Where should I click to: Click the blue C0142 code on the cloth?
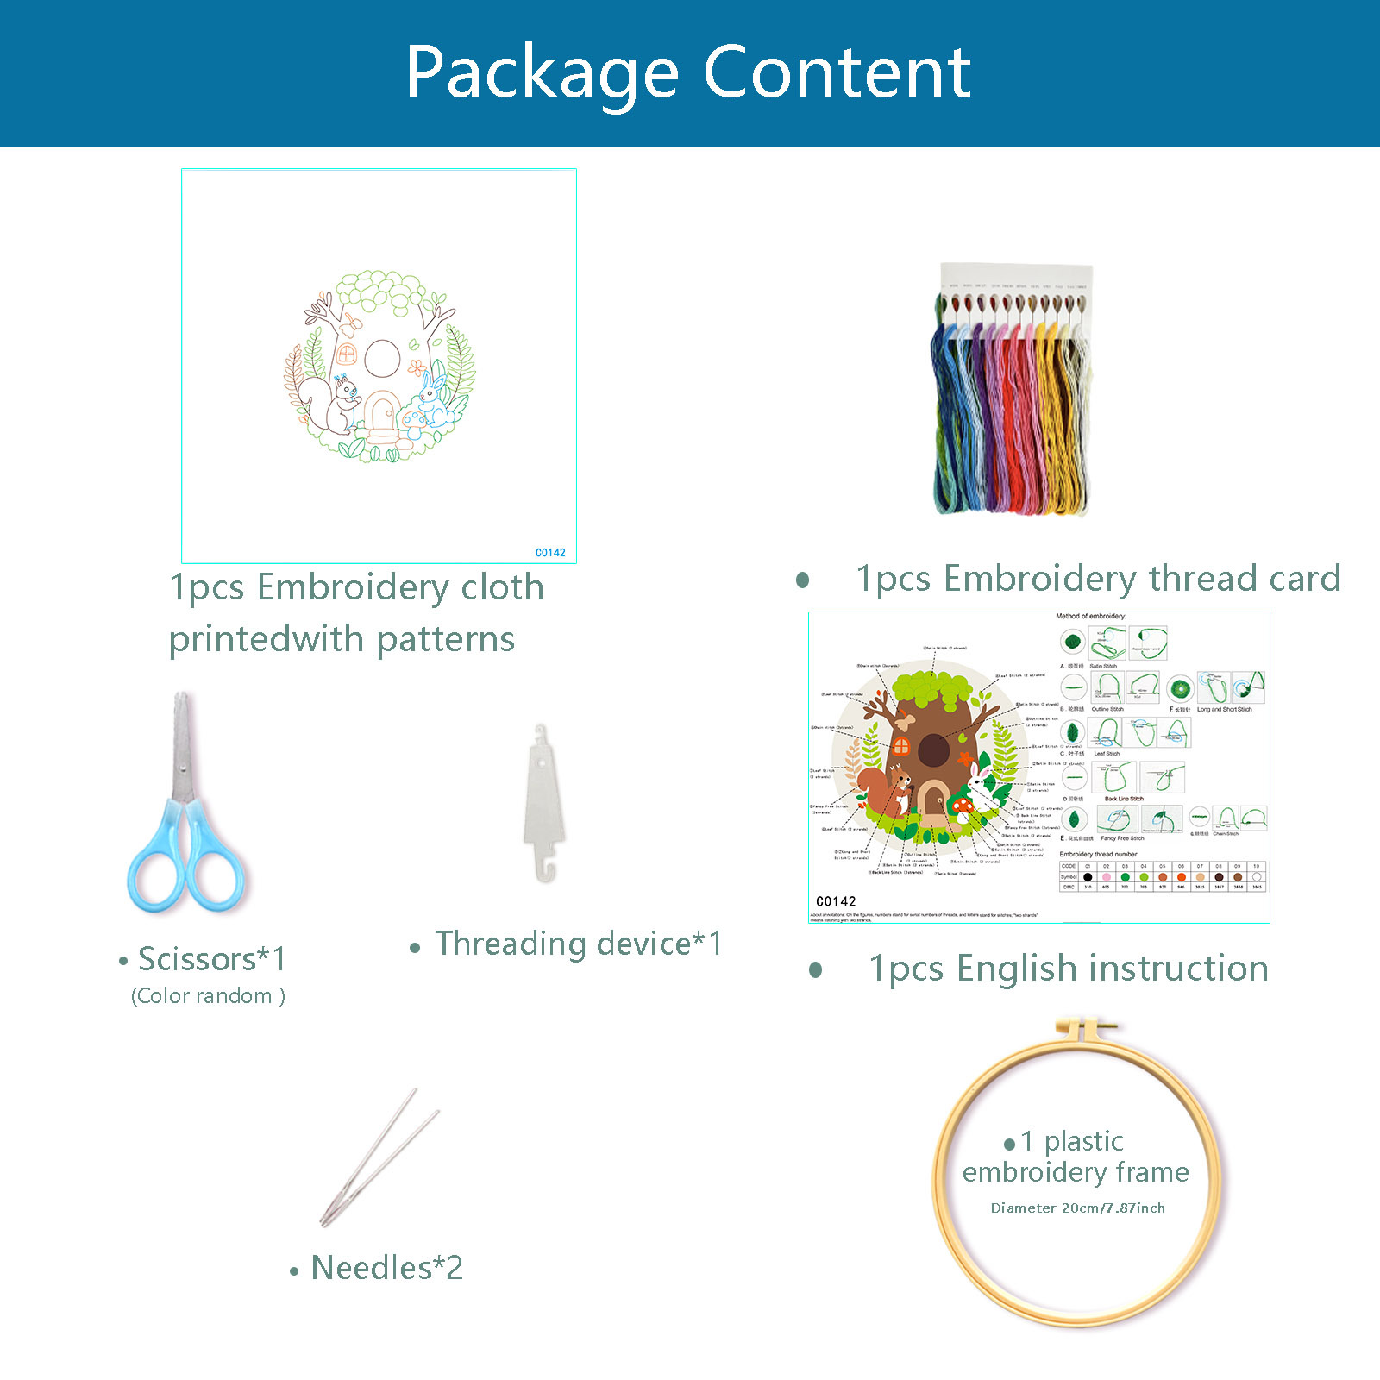(550, 553)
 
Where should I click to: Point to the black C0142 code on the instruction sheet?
(836, 901)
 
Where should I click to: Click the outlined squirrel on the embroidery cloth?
(332, 402)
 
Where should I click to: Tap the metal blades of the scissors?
(182, 747)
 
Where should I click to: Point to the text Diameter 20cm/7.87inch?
(1077, 1207)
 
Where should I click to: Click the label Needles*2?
(386, 1268)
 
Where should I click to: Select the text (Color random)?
(208, 996)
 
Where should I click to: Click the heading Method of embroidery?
(1090, 617)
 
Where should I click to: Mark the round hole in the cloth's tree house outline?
(381, 358)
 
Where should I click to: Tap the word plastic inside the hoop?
(1083, 1142)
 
